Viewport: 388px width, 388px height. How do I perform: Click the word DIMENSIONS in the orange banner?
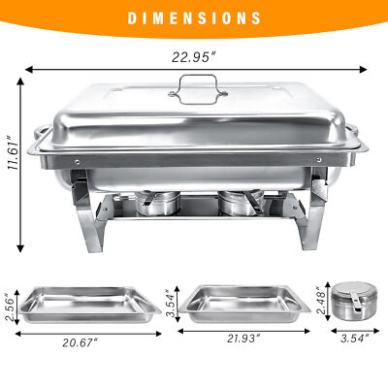(194, 17)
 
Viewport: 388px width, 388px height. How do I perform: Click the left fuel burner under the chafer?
(155, 205)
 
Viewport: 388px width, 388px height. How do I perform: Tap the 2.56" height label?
(11, 307)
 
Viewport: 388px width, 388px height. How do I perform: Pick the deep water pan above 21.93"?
(242, 305)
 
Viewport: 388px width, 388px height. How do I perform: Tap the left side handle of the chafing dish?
(38, 135)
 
